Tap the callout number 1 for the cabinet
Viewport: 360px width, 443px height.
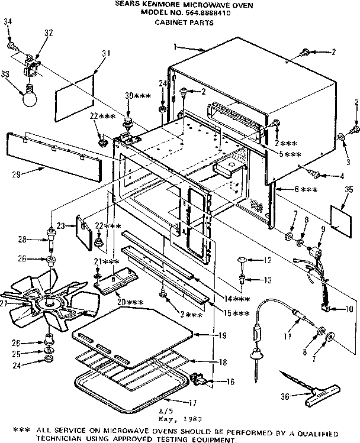pyautogui.click(x=175, y=46)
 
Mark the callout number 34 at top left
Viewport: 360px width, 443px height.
pyautogui.click(x=7, y=22)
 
